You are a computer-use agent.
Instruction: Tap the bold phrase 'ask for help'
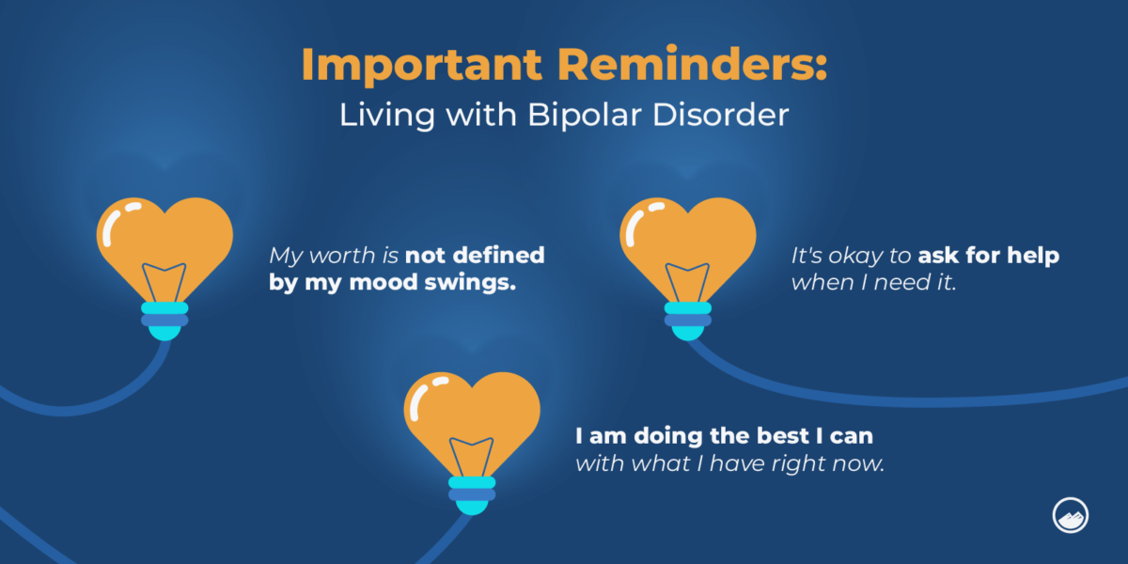pos(989,256)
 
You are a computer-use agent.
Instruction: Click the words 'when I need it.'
pos(873,282)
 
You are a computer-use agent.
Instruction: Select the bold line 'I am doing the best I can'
pos(724,437)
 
